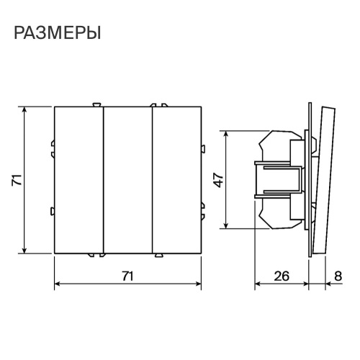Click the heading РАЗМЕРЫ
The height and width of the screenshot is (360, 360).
click(x=56, y=33)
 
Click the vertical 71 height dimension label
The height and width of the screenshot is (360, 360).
click(x=15, y=180)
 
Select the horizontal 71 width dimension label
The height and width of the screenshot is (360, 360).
click(x=127, y=275)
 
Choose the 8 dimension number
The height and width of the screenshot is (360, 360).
click(x=338, y=275)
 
